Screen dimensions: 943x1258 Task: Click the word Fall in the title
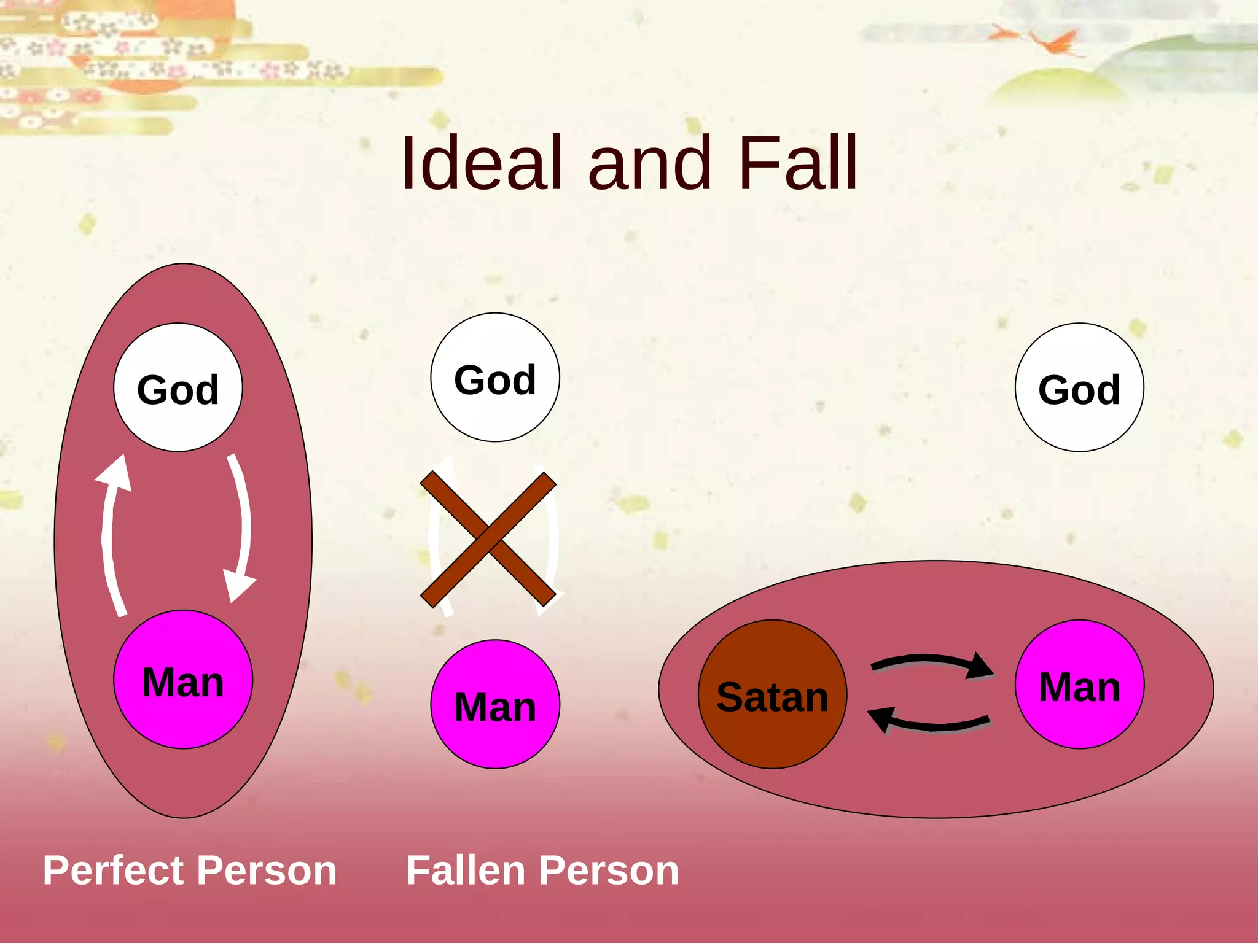tap(797, 163)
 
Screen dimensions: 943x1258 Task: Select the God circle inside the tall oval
tap(178, 388)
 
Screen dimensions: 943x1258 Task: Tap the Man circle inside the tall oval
tap(183, 680)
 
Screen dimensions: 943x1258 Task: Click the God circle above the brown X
tap(495, 378)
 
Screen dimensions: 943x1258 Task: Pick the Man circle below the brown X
tap(495, 704)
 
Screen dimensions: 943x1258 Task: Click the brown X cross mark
tap(488, 539)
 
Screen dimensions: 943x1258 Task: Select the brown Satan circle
tap(772, 694)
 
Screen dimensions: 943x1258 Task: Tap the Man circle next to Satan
tap(1079, 685)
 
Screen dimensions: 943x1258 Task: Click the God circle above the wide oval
tap(1079, 388)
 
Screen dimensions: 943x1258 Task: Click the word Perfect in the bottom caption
tap(113, 871)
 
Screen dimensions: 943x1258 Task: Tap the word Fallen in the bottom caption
tap(464, 871)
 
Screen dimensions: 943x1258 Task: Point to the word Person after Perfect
tap(267, 871)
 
